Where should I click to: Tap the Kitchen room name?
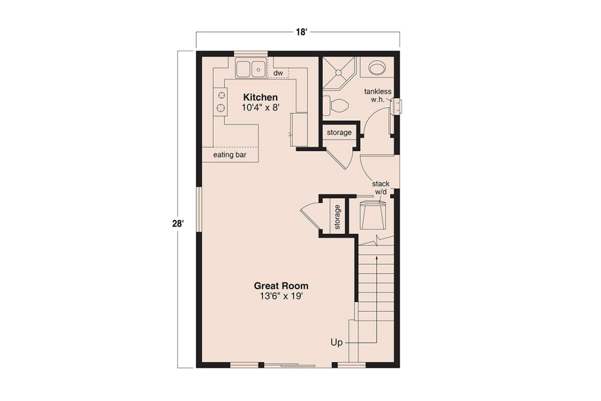point(260,97)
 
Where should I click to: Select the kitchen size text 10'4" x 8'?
point(260,107)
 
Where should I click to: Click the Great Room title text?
point(281,286)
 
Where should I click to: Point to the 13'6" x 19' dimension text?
point(281,296)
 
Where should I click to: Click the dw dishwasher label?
point(278,73)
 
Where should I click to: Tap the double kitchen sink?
point(250,68)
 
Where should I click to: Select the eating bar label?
point(230,155)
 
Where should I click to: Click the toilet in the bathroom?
point(337,105)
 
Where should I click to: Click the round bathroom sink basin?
point(376,67)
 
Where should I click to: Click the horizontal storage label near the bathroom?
point(339,133)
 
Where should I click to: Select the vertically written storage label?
point(337,217)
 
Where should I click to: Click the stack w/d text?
point(381,188)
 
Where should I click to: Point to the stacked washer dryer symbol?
point(373,214)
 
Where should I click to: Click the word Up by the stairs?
point(337,343)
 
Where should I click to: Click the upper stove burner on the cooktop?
point(219,95)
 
